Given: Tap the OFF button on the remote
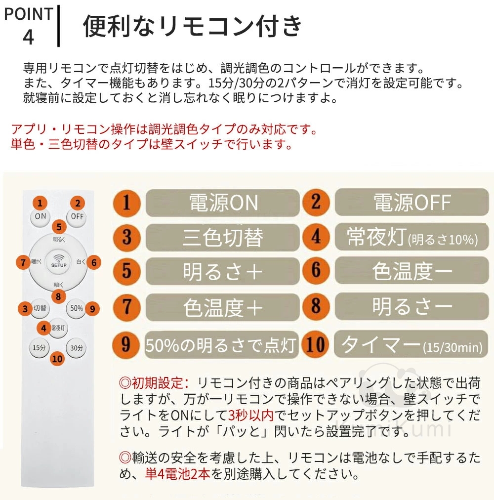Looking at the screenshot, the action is tap(77, 217).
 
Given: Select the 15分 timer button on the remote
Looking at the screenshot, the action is tap(39, 347).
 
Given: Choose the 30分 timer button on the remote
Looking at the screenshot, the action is tap(77, 347).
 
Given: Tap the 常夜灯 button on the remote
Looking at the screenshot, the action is tap(58, 328).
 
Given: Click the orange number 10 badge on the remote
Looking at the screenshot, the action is tap(57, 359).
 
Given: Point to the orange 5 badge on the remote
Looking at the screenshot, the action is tap(59, 227).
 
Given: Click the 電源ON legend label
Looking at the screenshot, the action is tap(223, 203).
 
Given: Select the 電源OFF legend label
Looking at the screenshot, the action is tap(412, 202).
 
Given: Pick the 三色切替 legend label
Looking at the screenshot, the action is tap(223, 238).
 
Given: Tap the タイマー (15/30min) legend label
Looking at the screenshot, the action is tap(411, 344).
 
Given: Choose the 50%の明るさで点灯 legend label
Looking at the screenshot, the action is tap(221, 345).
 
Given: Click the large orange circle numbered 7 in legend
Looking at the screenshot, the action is tap(126, 307).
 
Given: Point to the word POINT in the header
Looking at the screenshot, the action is tap(28, 14).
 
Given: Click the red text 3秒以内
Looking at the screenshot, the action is tap(251, 415).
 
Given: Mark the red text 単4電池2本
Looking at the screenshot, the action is tap(178, 474).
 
